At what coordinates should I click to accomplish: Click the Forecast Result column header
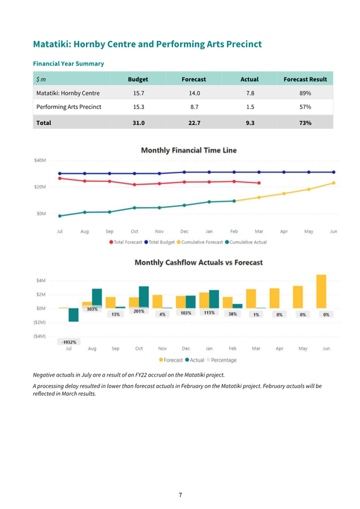[305, 79]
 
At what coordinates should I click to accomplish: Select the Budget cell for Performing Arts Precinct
[139, 107]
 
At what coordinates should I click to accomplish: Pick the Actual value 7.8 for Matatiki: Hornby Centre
[250, 93]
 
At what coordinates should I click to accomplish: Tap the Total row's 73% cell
[305, 123]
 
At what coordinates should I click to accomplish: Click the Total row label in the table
[44, 123]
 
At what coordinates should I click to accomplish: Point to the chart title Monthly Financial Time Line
[189, 150]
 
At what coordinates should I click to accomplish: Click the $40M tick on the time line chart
[40, 160]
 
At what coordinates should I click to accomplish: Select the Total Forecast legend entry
[126, 242]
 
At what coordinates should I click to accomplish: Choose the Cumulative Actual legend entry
[246, 242]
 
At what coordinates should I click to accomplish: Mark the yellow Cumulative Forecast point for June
[334, 183]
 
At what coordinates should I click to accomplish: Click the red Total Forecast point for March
[259, 183]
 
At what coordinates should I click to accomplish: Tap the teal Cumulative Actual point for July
[60, 216]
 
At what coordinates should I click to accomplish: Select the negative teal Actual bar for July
[74, 315]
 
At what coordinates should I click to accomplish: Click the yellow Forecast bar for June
[322, 292]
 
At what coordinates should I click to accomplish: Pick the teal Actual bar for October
[143, 297]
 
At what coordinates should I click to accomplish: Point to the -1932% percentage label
[69, 342]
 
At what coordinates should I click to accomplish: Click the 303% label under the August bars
[92, 309]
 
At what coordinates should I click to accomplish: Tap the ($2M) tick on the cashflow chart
[40, 322]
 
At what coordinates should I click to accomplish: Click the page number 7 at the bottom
[180, 495]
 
